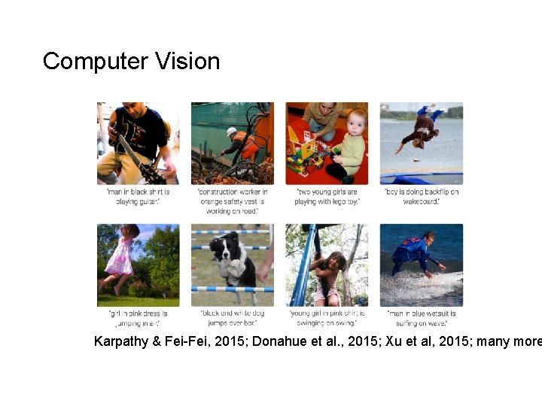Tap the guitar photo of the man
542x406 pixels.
pyautogui.click(x=138, y=143)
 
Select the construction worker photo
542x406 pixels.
pyautogui.click(x=232, y=143)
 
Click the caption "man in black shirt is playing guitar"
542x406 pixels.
pyautogui.click(x=139, y=197)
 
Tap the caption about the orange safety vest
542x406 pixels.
pyautogui.click(x=232, y=201)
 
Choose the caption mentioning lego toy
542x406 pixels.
pyautogui.click(x=327, y=197)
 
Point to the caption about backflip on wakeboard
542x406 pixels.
pyautogui.click(x=421, y=197)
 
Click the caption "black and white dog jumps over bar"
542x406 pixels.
pyautogui.click(x=232, y=318)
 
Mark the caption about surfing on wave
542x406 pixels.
pyautogui.click(x=421, y=318)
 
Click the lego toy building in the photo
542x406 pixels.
pyautogui.click(x=306, y=150)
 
